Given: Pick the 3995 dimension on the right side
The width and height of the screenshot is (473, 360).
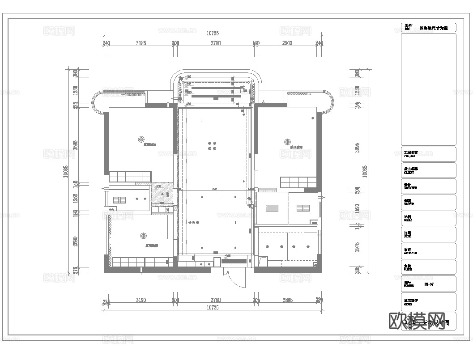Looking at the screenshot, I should [357, 148].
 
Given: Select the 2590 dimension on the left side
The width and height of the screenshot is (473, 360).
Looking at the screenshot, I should [76, 241].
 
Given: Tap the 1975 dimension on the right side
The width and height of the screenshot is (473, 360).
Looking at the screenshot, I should [357, 247].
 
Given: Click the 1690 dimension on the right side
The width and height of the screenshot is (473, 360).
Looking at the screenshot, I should [357, 209].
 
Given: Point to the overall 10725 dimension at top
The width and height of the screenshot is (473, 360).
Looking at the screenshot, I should [213, 33].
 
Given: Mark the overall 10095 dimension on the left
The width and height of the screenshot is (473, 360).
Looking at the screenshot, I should [65, 171].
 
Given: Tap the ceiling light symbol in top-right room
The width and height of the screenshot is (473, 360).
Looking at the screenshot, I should [286, 141].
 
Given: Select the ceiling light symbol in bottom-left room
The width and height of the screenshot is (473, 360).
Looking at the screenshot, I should [143, 236].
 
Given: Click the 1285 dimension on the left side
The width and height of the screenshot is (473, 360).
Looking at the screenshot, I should [76, 198].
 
